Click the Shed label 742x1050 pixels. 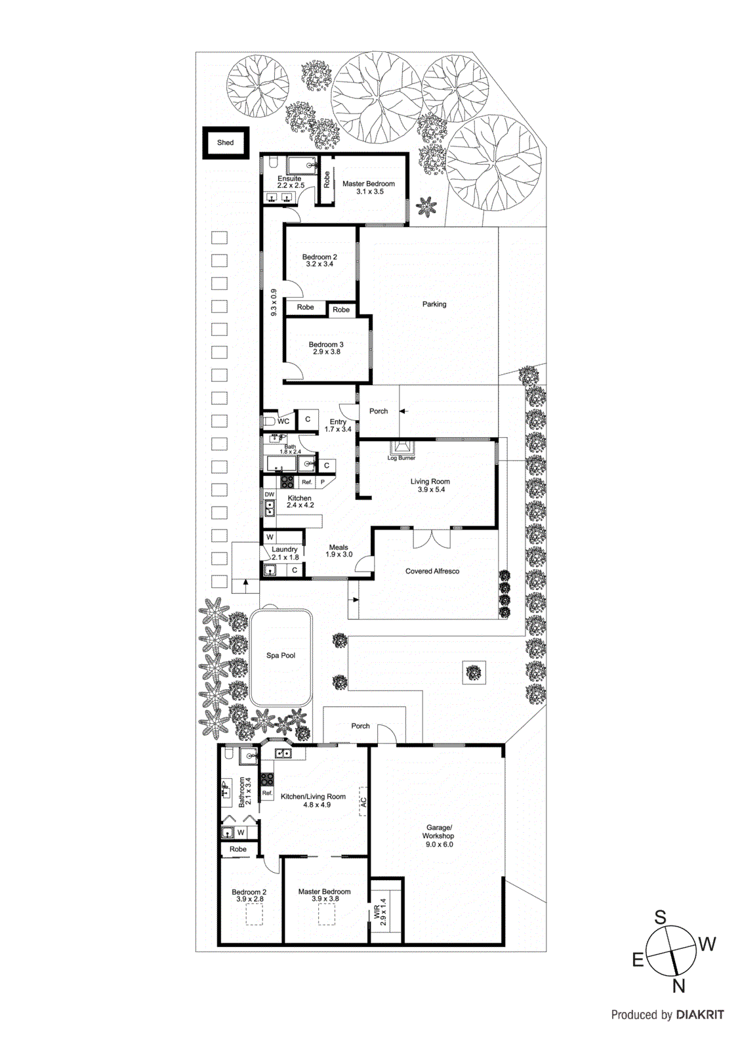click(225, 142)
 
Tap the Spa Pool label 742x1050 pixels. click(281, 656)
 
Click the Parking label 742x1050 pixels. click(434, 304)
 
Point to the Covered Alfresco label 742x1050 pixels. click(432, 572)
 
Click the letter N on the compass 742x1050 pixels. click(678, 985)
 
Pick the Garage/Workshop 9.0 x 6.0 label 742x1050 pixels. click(438, 836)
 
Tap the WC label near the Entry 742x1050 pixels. click(283, 421)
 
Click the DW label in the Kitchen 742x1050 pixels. click(270, 494)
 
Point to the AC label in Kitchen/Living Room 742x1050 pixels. click(363, 801)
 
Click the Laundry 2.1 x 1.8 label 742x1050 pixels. click(285, 553)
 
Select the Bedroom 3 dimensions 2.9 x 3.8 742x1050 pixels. click(326, 352)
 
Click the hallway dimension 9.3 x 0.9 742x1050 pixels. click(274, 303)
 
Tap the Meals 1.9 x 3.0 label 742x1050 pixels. click(339, 551)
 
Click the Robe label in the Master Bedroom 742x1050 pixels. click(327, 180)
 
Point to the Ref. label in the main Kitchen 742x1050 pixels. click(306, 482)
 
